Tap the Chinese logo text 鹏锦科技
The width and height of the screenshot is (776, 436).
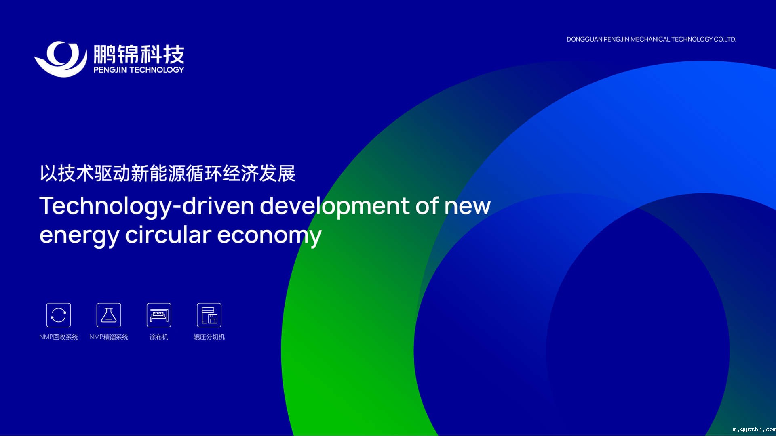[139, 54]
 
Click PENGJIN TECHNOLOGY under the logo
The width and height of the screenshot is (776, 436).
[139, 70]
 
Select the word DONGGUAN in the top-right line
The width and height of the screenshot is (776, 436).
[584, 39]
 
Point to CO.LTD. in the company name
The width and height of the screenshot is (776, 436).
[725, 39]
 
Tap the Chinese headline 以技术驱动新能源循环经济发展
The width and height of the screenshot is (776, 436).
[167, 174]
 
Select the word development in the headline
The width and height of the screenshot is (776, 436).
[335, 207]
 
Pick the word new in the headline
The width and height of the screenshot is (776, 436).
[467, 207]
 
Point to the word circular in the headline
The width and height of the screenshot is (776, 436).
[168, 234]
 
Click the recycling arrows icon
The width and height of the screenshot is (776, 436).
[59, 315]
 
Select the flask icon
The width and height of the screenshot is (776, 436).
[109, 315]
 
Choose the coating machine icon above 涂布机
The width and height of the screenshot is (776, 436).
[159, 315]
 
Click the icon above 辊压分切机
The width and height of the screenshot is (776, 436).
[209, 315]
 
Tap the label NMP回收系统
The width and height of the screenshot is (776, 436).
[59, 337]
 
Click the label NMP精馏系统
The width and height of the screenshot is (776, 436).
[109, 337]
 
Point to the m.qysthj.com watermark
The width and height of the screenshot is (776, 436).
[754, 430]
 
